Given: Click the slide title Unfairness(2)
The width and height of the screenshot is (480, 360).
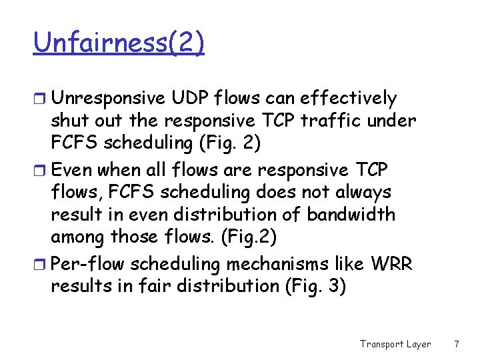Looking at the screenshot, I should (119, 43).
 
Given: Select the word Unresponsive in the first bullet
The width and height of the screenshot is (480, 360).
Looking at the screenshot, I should (108, 99).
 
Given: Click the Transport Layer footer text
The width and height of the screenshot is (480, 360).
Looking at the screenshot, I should (395, 344).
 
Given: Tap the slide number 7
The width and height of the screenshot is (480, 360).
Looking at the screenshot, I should (456, 344).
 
